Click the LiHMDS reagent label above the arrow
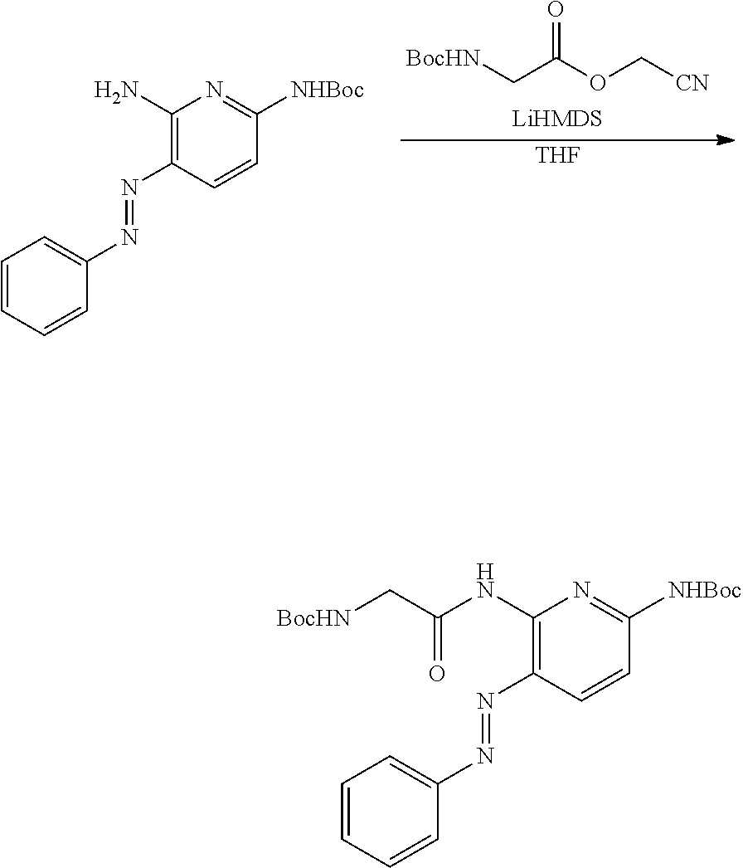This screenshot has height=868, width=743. [x=556, y=119]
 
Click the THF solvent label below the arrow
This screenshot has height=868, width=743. [x=558, y=156]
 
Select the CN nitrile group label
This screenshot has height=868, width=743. [x=692, y=83]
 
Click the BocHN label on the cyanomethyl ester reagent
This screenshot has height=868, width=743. [x=443, y=57]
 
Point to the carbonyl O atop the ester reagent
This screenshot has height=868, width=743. [x=557, y=11]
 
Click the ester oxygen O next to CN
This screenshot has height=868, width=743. [x=598, y=83]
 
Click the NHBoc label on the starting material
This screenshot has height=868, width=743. [x=328, y=89]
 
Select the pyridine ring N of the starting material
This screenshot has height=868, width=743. [x=214, y=89]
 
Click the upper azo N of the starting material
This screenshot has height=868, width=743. [x=129, y=188]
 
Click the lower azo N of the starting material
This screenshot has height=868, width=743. [x=129, y=237]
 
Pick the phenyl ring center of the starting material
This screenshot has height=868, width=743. [x=44, y=287]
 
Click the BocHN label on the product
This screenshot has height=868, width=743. [x=314, y=617]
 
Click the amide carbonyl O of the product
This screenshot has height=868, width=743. [x=437, y=675]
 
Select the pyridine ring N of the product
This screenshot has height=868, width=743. [x=580, y=592]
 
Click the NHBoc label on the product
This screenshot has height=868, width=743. [x=705, y=591]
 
